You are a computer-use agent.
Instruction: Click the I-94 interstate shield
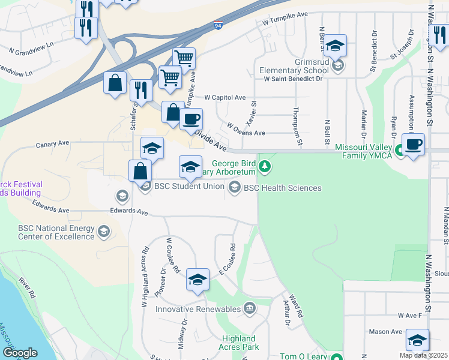tap(218, 26)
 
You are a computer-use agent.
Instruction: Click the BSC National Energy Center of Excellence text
tap(56, 232)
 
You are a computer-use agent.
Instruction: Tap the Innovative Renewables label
tap(199, 310)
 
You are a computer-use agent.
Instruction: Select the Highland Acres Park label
tap(239, 343)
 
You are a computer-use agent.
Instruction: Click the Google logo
tap(20, 352)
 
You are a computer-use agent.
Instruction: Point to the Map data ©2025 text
tap(423, 355)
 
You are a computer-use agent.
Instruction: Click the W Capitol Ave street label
tap(225, 97)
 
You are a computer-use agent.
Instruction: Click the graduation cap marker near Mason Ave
tap(417, 340)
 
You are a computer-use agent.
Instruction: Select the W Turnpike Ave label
tap(285, 18)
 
